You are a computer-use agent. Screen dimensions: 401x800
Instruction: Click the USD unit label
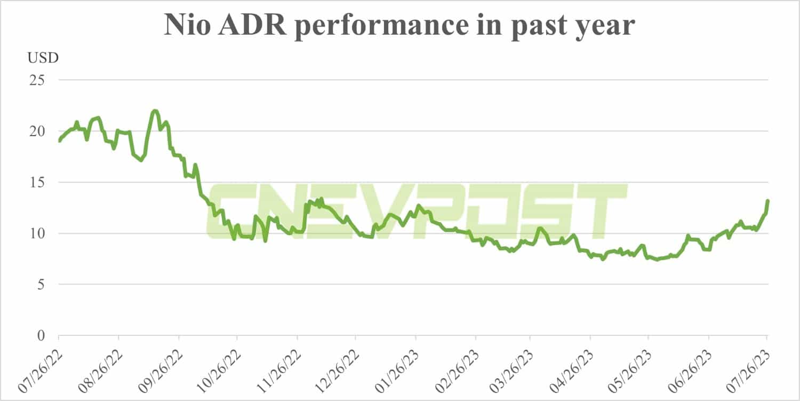[x=43, y=58]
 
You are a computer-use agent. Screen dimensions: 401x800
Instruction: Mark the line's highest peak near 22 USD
[x=155, y=111]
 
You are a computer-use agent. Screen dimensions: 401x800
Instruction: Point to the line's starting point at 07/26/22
[x=59, y=141]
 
